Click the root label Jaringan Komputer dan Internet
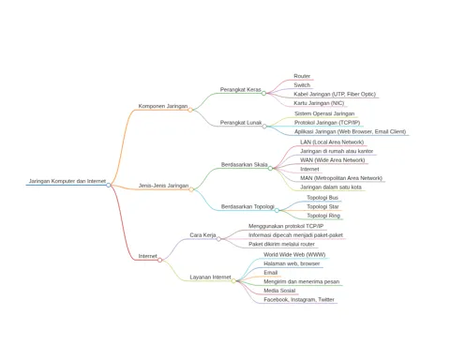click(67, 181)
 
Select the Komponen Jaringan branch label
click(163, 106)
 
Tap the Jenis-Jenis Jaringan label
click(163, 186)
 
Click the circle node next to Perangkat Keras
click(263, 93)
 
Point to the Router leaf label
click(302, 76)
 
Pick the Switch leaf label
click(302, 85)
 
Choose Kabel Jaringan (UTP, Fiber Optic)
click(335, 94)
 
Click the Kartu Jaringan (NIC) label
click(319, 103)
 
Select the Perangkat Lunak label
click(241, 123)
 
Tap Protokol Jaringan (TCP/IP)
click(327, 123)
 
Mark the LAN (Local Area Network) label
click(332, 142)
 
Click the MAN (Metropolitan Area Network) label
click(341, 178)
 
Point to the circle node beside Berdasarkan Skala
click(270, 169)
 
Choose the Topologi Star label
click(322, 206)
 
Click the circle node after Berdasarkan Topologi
click(277, 210)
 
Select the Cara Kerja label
click(202, 235)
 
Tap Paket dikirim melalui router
click(281, 244)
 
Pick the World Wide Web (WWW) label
click(294, 255)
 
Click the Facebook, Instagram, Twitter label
click(299, 300)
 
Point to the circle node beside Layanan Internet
click(233, 281)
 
